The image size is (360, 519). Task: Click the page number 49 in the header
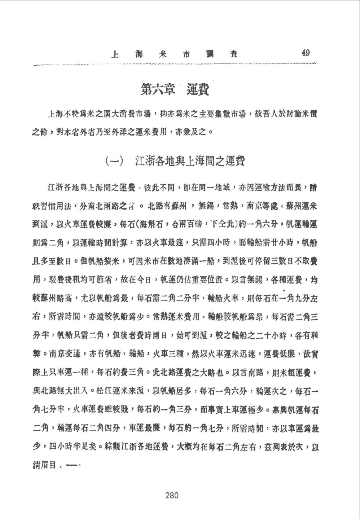click(x=305, y=53)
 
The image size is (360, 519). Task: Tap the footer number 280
click(x=172, y=495)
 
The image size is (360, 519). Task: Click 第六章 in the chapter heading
click(x=158, y=89)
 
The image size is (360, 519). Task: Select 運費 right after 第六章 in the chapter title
click(x=198, y=89)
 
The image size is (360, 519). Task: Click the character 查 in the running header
click(x=233, y=54)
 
